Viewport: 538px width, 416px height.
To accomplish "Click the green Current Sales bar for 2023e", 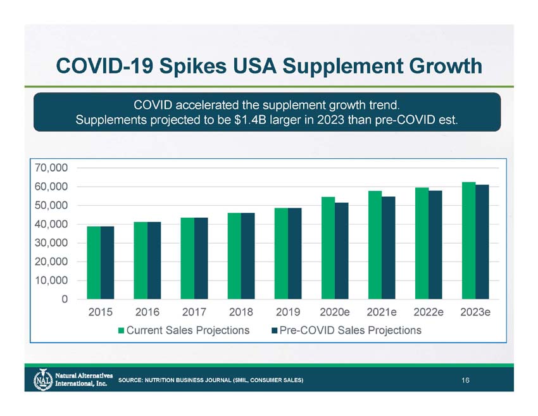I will pyautogui.click(x=468, y=241).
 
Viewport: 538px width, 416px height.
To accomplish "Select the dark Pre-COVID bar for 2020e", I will pyautogui.click(x=342, y=251).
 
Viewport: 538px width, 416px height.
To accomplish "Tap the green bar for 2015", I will pyautogui.click(x=94, y=263).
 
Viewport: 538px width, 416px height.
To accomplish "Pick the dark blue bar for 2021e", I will pyautogui.click(x=389, y=248).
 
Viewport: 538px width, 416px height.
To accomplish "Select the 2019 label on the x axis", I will pyautogui.click(x=288, y=313).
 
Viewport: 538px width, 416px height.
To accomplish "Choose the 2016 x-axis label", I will pyautogui.click(x=147, y=313).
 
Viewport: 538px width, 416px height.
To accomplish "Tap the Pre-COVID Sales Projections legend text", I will pyautogui.click(x=350, y=331).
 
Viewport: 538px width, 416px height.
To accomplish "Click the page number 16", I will pyautogui.click(x=465, y=380).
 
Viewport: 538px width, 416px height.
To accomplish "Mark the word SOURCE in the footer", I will pyautogui.click(x=130, y=380).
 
